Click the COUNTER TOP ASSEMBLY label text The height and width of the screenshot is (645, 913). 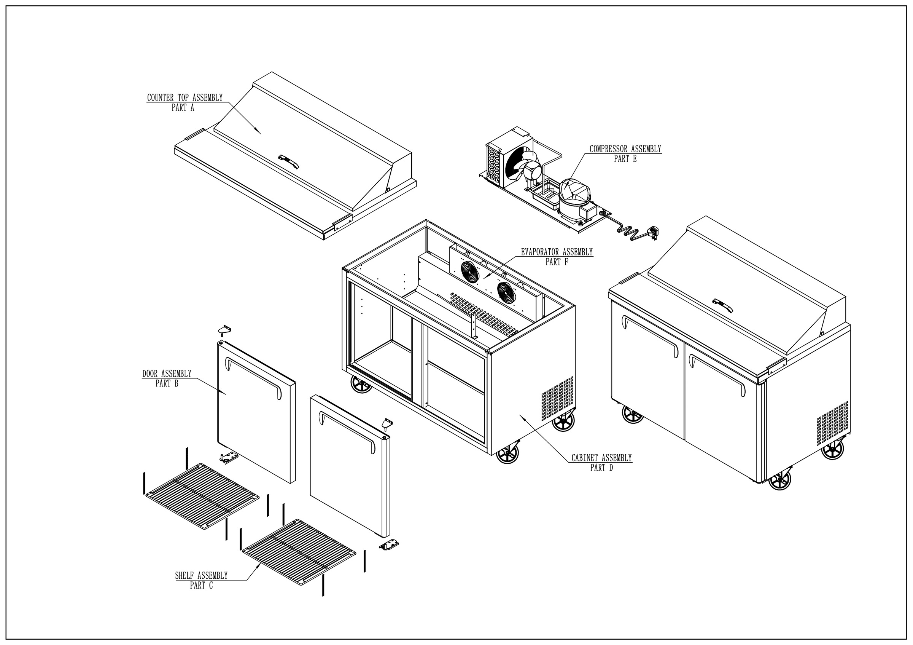(x=185, y=97)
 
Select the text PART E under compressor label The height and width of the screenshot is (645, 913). (x=625, y=159)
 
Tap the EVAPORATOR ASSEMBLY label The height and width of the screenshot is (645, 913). (x=557, y=252)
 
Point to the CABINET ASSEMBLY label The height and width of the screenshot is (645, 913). (x=601, y=458)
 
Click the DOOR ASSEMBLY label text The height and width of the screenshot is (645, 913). (x=167, y=374)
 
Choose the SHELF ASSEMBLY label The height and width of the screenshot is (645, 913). (x=201, y=575)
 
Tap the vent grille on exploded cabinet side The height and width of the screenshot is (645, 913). (x=557, y=399)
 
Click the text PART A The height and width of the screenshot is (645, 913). (x=183, y=107)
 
